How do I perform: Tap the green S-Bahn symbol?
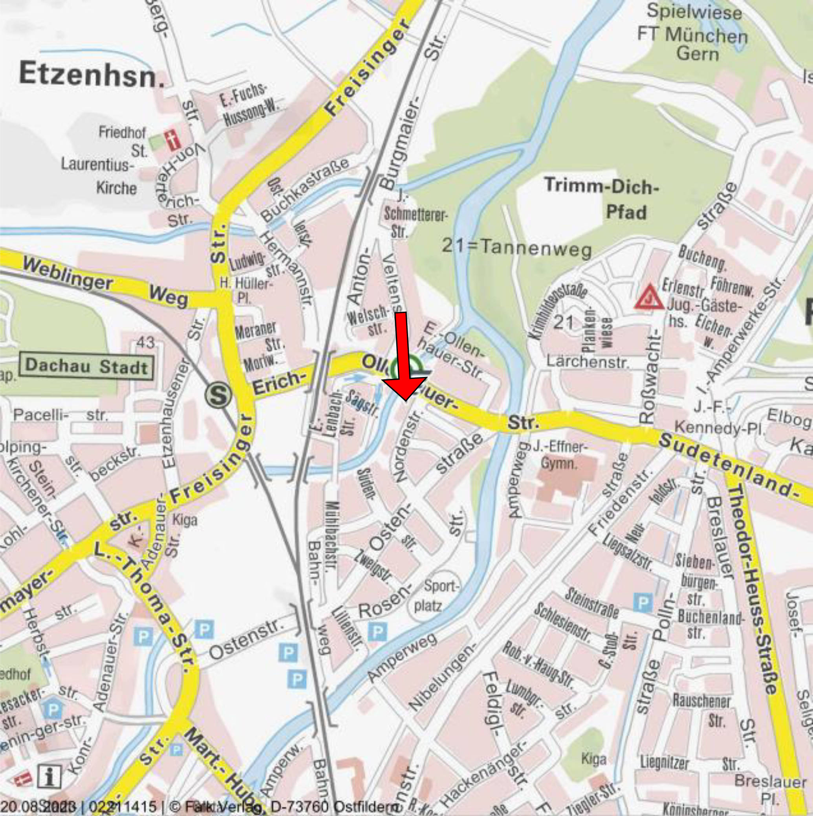pos(218,395)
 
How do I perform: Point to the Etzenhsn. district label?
pos(92,74)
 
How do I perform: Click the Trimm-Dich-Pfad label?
pos(602,198)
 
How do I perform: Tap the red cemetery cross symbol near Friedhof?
pos(173,140)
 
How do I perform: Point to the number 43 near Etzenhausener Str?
pos(145,342)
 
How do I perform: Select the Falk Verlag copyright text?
pos(291,806)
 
